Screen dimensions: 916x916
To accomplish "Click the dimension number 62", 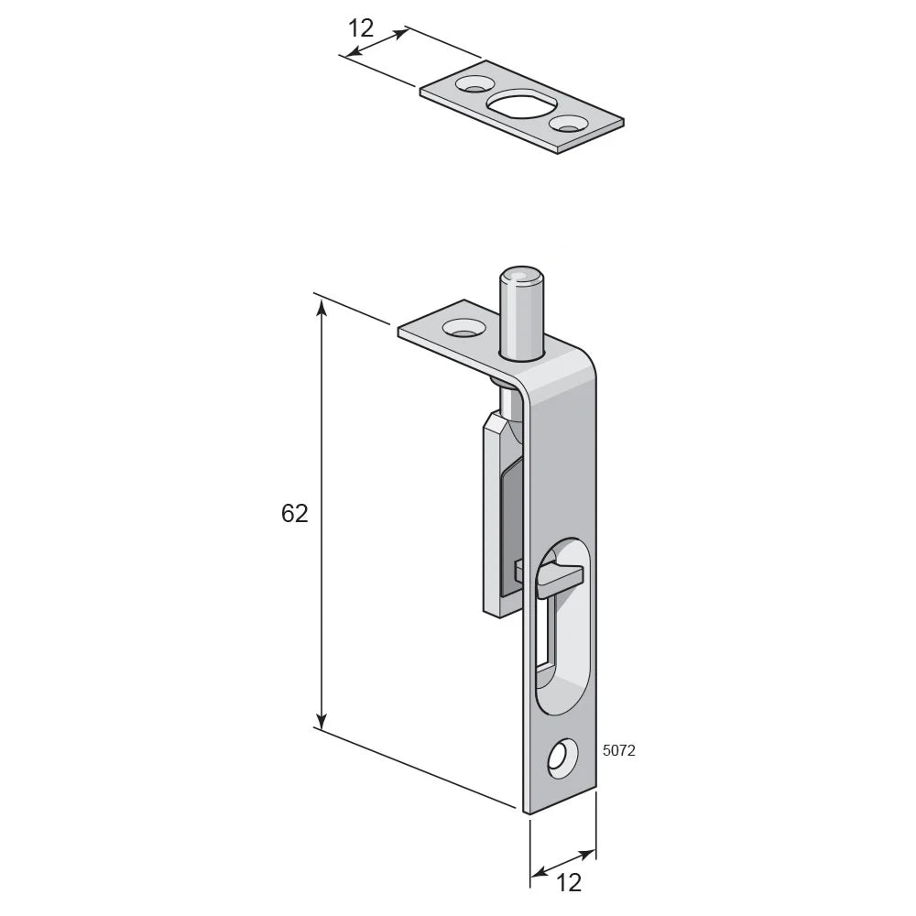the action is click(x=294, y=514).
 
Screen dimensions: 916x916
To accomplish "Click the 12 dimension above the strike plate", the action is click(x=360, y=28).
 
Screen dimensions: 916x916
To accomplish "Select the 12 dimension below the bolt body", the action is click(x=569, y=883).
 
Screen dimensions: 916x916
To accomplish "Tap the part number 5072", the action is click(x=618, y=751).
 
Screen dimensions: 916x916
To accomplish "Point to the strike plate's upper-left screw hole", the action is click(x=474, y=83).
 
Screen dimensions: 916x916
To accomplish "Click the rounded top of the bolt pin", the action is click(x=521, y=276).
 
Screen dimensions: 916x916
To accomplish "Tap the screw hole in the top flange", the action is click(x=463, y=327).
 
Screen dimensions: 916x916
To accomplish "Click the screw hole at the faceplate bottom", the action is click(x=562, y=758).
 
